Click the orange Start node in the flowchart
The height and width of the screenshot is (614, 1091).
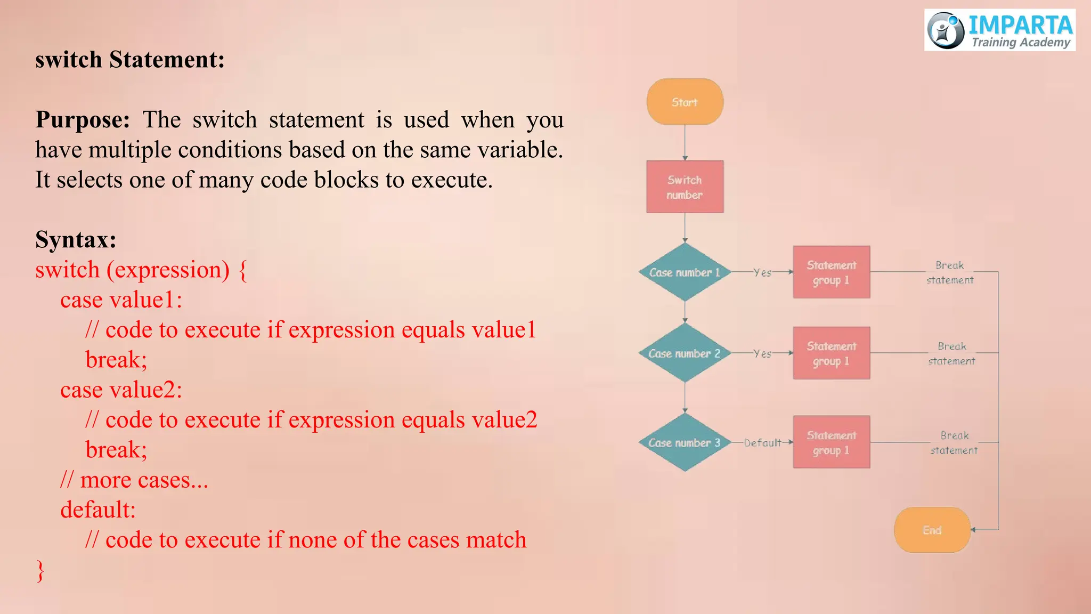[685, 102]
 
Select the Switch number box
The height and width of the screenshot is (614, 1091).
[685, 187]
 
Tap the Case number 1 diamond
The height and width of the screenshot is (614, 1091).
[685, 272]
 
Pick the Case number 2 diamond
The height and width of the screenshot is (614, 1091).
[685, 353]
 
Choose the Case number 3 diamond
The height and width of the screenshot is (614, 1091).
[685, 442]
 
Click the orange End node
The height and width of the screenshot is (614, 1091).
[932, 530]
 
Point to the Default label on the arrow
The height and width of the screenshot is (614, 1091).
[762, 442]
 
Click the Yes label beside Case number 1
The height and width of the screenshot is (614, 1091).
[762, 272]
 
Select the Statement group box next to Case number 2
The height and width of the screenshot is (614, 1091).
[831, 353]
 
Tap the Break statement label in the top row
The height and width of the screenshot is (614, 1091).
[950, 272]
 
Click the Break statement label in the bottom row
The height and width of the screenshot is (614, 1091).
[954, 442]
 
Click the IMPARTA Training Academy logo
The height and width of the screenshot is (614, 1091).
[1000, 30]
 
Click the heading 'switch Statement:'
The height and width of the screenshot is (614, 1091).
[130, 59]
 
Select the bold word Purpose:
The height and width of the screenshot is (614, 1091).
[83, 119]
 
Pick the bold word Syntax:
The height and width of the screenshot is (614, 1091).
[76, 239]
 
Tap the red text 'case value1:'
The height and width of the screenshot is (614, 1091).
[121, 300]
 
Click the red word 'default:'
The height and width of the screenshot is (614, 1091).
[98, 510]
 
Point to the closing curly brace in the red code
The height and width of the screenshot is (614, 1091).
[40, 570]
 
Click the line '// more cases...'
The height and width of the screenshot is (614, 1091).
[134, 480]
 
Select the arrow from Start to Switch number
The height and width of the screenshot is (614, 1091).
[685, 142]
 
